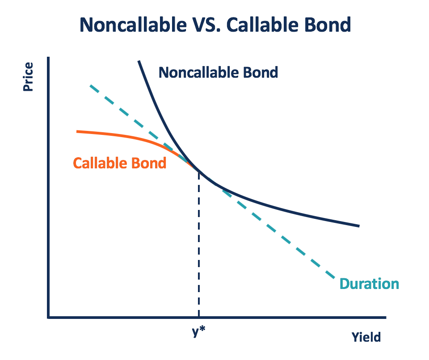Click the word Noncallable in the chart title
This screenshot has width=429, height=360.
tap(130, 25)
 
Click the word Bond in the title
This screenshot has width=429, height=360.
tap(328, 25)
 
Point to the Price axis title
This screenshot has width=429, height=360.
tap(28, 77)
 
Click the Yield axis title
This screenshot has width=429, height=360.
tap(366, 337)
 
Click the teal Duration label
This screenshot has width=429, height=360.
tap(369, 284)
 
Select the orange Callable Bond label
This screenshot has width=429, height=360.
tap(119, 163)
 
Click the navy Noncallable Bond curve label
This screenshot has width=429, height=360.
tap(218, 72)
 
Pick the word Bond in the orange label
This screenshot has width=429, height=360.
tap(149, 163)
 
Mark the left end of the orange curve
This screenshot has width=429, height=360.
tap(78, 131)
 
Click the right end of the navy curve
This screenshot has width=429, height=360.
tap(358, 226)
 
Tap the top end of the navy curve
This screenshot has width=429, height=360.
tap(139, 61)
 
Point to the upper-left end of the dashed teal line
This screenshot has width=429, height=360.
tap(91, 86)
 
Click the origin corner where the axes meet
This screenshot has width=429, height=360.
tap(48, 317)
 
